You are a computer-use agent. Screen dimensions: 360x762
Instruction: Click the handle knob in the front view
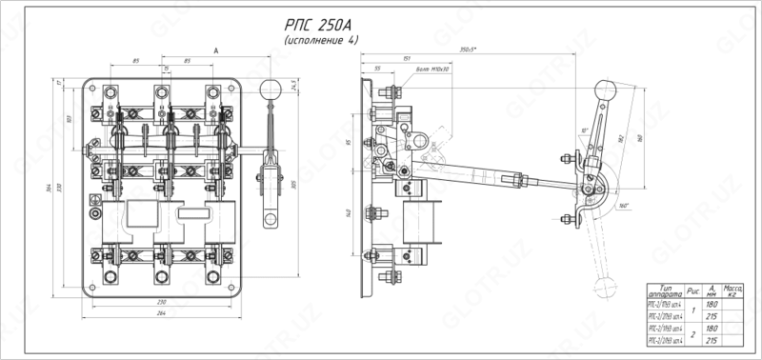click(271, 89)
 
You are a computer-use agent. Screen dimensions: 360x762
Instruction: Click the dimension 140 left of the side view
click(349, 212)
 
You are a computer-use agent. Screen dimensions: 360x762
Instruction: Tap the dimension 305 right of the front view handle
click(296, 185)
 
